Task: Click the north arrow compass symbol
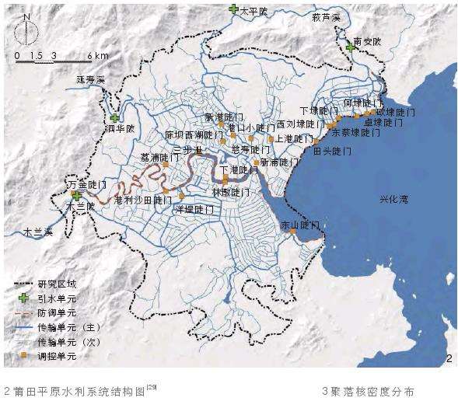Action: pyautogui.click(x=28, y=29)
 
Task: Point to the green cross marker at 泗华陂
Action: pyautogui.click(x=115, y=118)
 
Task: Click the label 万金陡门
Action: pyautogui.click(x=87, y=185)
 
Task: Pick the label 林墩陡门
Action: pyautogui.click(x=230, y=191)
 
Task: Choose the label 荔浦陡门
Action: pyautogui.click(x=156, y=157)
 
